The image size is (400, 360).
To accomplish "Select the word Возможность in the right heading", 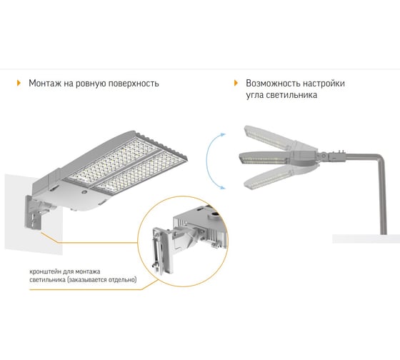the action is coord(272,84).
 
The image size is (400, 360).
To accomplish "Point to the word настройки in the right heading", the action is coord(324,84).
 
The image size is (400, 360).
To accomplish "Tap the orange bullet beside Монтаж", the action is coord(19,83).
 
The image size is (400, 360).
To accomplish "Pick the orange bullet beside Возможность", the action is coord(236,83).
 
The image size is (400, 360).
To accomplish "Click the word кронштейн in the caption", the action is coord(42,271).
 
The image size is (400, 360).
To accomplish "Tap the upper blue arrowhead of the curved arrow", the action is coord(224,134).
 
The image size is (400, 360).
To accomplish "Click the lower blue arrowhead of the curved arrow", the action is coord(223,188).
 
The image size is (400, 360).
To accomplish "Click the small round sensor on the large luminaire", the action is coord(84,192).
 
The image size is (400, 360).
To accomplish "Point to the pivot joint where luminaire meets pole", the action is coord(324,155).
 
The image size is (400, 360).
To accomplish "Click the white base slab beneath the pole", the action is coord(366,239).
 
